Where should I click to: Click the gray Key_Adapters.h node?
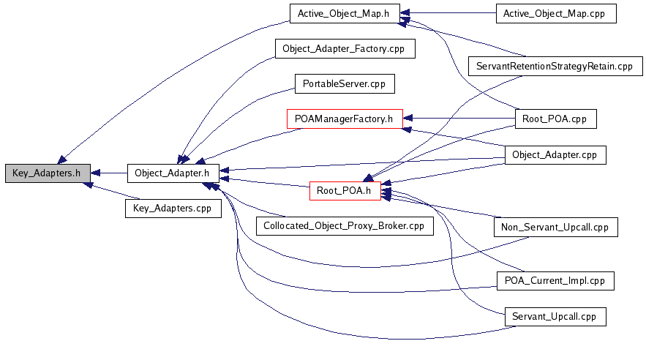tap(47, 173)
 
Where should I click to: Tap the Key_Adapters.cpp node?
tap(173, 208)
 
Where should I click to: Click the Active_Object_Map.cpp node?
tap(555, 13)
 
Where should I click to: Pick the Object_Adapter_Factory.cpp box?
tap(345, 49)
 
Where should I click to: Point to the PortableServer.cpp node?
tap(344, 83)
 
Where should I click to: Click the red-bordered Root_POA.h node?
tap(345, 191)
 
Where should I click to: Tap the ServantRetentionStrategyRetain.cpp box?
tap(555, 66)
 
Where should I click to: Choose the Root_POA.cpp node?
tap(555, 119)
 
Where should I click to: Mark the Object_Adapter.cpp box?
tap(555, 154)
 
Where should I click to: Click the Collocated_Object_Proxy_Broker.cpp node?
tap(345, 225)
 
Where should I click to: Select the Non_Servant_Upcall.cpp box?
tap(555, 227)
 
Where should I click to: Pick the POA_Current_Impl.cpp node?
tap(555, 280)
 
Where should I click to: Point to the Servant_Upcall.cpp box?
tap(555, 316)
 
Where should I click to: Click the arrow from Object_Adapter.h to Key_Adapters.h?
tap(109, 173)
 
